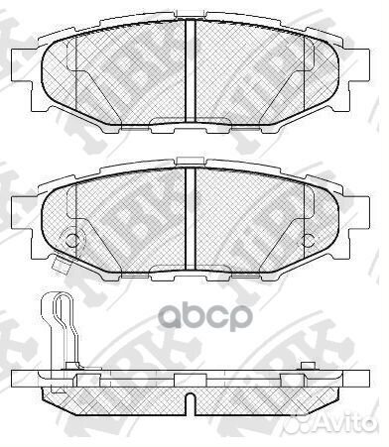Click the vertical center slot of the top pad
click(x=191, y=70)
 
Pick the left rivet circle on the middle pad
click(x=70, y=238)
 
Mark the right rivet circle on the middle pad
click(x=311, y=238)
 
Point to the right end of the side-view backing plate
click(x=367, y=382)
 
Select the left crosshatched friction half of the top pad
click(x=114, y=74)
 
